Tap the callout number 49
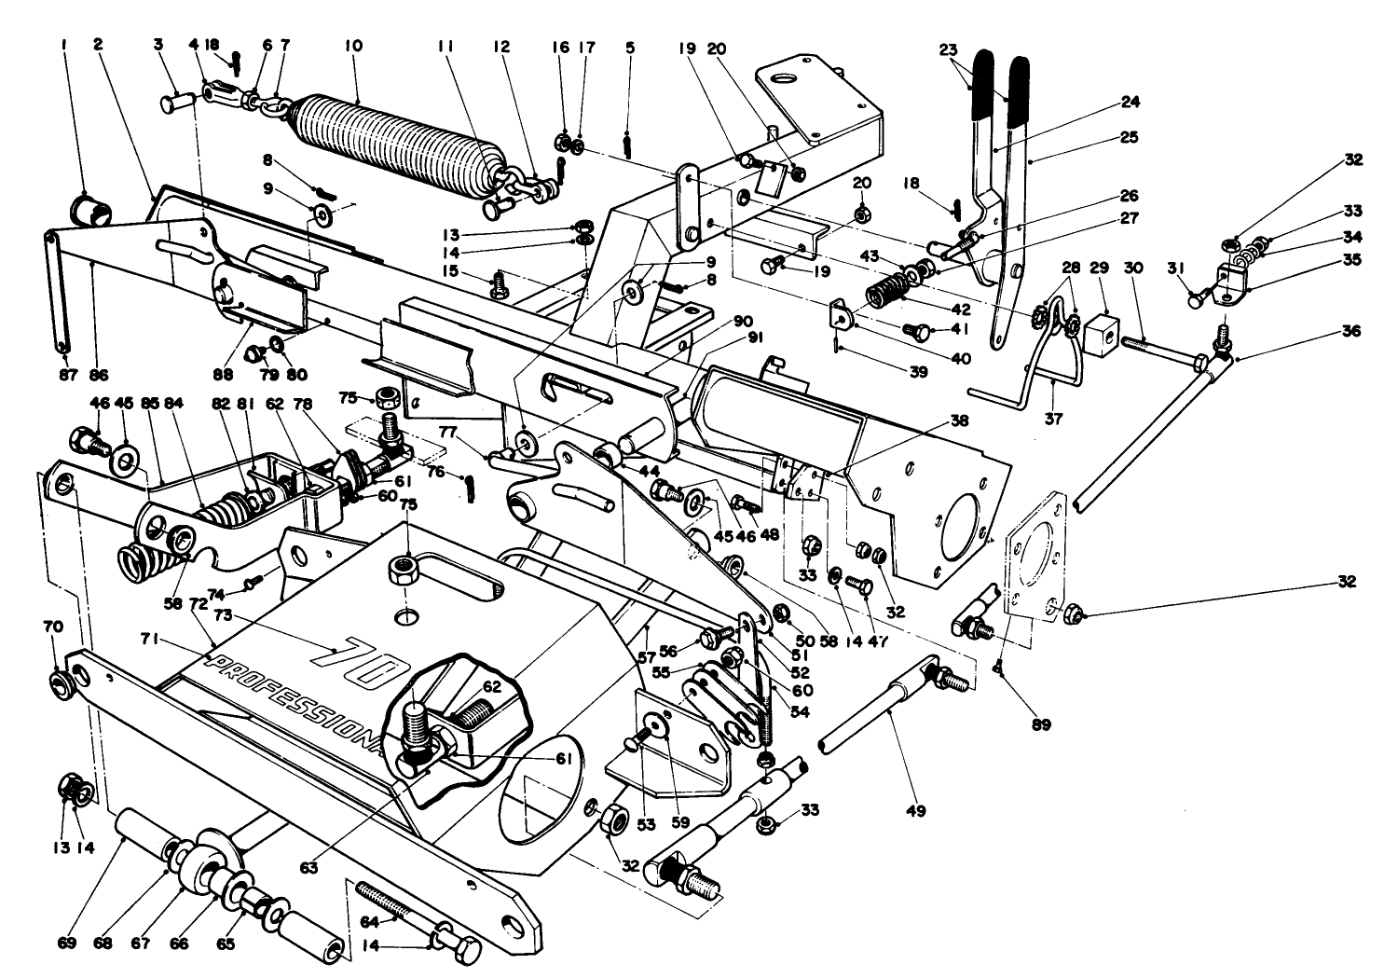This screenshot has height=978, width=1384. pyautogui.click(x=915, y=811)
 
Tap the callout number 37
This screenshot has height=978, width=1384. pyautogui.click(x=1053, y=420)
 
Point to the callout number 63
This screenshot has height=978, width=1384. pyautogui.click(x=308, y=867)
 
